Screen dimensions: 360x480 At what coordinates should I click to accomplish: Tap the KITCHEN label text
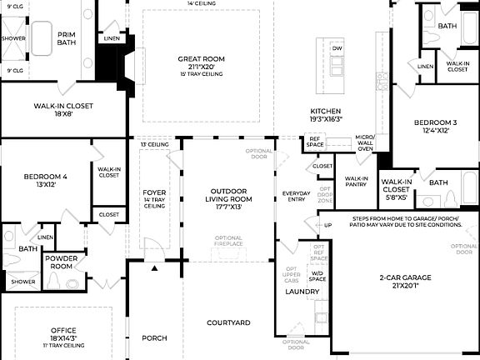[x=326, y=111]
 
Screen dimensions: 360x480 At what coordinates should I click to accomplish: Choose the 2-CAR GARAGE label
[x=404, y=277]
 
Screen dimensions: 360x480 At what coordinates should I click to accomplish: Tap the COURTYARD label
[x=228, y=322]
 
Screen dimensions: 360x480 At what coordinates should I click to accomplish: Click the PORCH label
[x=154, y=337]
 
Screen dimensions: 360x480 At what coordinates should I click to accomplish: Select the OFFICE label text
[x=63, y=330]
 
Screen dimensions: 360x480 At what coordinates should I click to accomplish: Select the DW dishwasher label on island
[x=337, y=49]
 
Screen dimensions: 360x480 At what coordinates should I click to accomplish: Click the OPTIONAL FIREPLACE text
[x=228, y=242]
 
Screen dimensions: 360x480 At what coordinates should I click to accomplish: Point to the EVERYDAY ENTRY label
[x=297, y=197]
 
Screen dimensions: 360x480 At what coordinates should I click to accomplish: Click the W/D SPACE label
[x=317, y=276]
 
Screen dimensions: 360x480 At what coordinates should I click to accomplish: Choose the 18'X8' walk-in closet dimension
[x=52, y=116]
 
